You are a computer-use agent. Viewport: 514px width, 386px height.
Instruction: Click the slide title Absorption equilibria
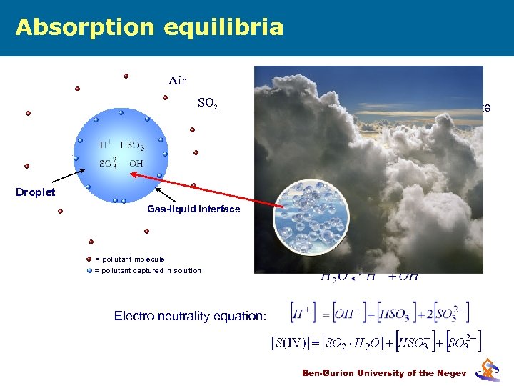pos(149,27)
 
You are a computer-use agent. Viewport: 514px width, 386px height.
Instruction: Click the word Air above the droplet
pos(177,80)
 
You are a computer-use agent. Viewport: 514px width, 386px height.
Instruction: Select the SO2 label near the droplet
pos(207,104)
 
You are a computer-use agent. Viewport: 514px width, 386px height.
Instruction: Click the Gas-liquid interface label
pos(193,209)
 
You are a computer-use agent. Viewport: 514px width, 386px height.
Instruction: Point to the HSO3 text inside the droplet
pos(133,147)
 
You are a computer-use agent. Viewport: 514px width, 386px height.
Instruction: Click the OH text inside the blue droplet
pos(136,163)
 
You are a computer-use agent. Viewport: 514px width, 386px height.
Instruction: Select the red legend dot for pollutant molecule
pos(89,259)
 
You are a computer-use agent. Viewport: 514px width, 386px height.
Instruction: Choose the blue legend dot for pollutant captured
pos(89,270)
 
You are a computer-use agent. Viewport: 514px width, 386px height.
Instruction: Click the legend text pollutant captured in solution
pos(151,270)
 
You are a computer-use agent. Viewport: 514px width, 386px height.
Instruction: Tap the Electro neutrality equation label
pos(189,316)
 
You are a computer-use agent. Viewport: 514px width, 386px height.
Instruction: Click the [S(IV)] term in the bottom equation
pos(296,343)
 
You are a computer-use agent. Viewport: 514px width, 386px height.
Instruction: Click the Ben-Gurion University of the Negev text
pos(384,372)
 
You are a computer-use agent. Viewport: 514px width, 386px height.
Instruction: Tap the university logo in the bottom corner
pos(488,368)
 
